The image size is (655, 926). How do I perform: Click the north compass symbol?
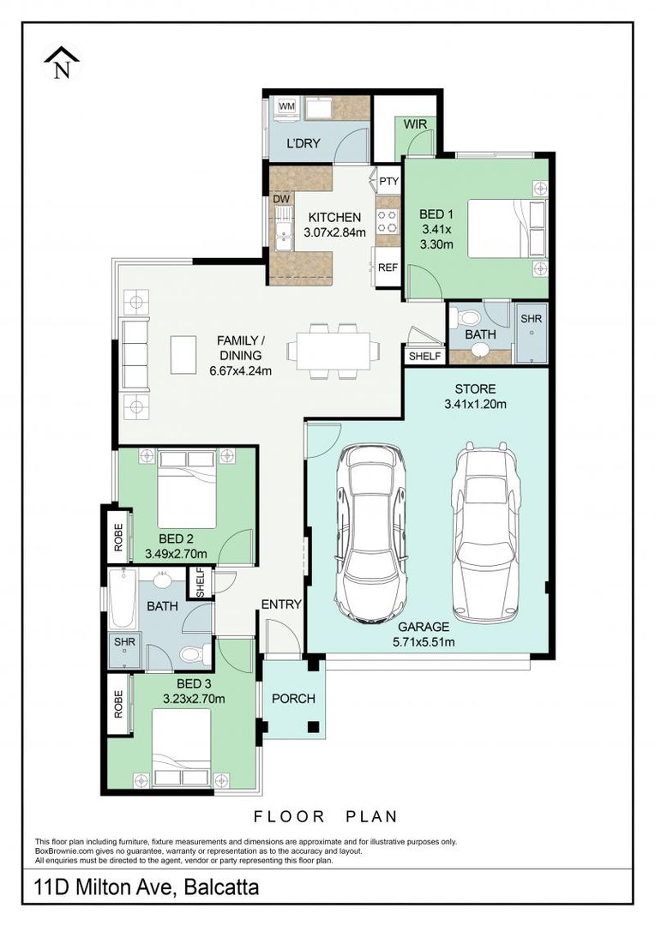coord(62,63)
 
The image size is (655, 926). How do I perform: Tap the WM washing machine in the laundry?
coord(286,106)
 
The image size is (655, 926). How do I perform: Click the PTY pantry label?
coord(388,181)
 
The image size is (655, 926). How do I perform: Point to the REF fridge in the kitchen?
coord(388,267)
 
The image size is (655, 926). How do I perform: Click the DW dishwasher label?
coord(281,199)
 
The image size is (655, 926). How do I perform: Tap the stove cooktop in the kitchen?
coord(388,222)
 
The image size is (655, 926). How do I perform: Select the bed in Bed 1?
coord(506,226)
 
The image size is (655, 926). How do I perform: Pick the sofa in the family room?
coord(135,352)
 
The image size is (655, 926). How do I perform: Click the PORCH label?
coord(293,698)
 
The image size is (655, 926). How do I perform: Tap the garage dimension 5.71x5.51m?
coord(424,641)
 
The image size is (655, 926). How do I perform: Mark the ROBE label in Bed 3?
coord(117,703)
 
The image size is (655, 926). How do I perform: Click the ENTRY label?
coord(281,604)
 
